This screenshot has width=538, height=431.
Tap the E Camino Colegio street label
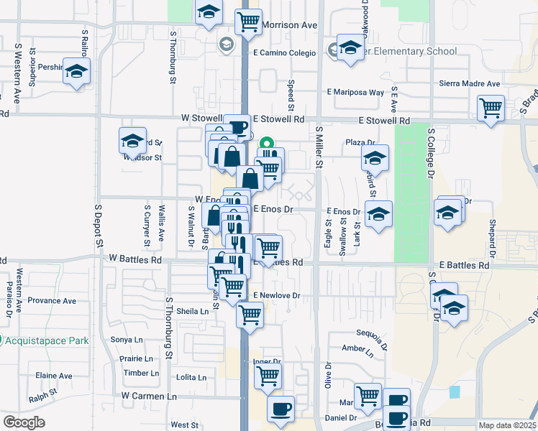pos(284,52)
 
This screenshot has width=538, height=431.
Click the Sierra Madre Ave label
pos(470,84)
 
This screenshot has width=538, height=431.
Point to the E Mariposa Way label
pos(355,93)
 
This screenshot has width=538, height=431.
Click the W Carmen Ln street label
pos(149,396)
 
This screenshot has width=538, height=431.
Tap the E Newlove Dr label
pos(276,295)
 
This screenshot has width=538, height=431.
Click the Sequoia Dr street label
pos(372,334)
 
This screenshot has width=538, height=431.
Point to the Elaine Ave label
pos(54,376)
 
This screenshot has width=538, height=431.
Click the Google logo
pos(24,422)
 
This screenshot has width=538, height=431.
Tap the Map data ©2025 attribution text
pos(506,425)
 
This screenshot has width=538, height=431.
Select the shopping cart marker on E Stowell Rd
pos(491,108)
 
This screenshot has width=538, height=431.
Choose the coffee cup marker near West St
pos(281,409)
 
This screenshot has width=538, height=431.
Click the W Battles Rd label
pos(137,257)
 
